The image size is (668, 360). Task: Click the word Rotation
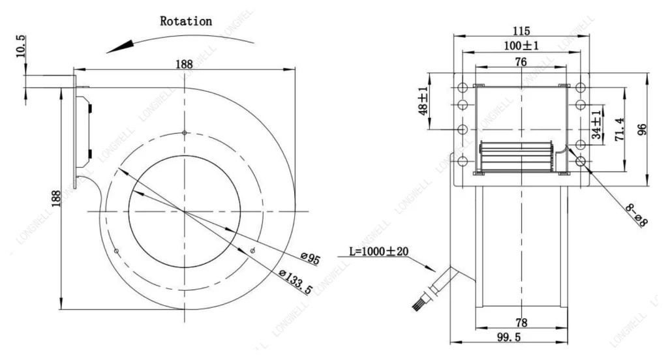pyautogui.click(x=186, y=22)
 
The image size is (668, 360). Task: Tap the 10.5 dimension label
pyautogui.click(x=20, y=46)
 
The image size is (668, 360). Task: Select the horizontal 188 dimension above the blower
pyautogui.click(x=184, y=64)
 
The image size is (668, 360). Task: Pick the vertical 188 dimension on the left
pyautogui.click(x=56, y=198)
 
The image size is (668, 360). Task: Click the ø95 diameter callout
pyautogui.click(x=310, y=258)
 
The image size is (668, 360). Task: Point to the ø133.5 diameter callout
pyautogui.click(x=296, y=282)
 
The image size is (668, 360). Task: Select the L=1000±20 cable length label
pyautogui.click(x=379, y=251)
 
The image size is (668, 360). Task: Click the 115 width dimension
pyautogui.click(x=521, y=31)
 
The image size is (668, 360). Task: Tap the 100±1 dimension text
pyautogui.click(x=521, y=45)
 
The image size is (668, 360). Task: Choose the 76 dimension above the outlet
pyautogui.click(x=521, y=62)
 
